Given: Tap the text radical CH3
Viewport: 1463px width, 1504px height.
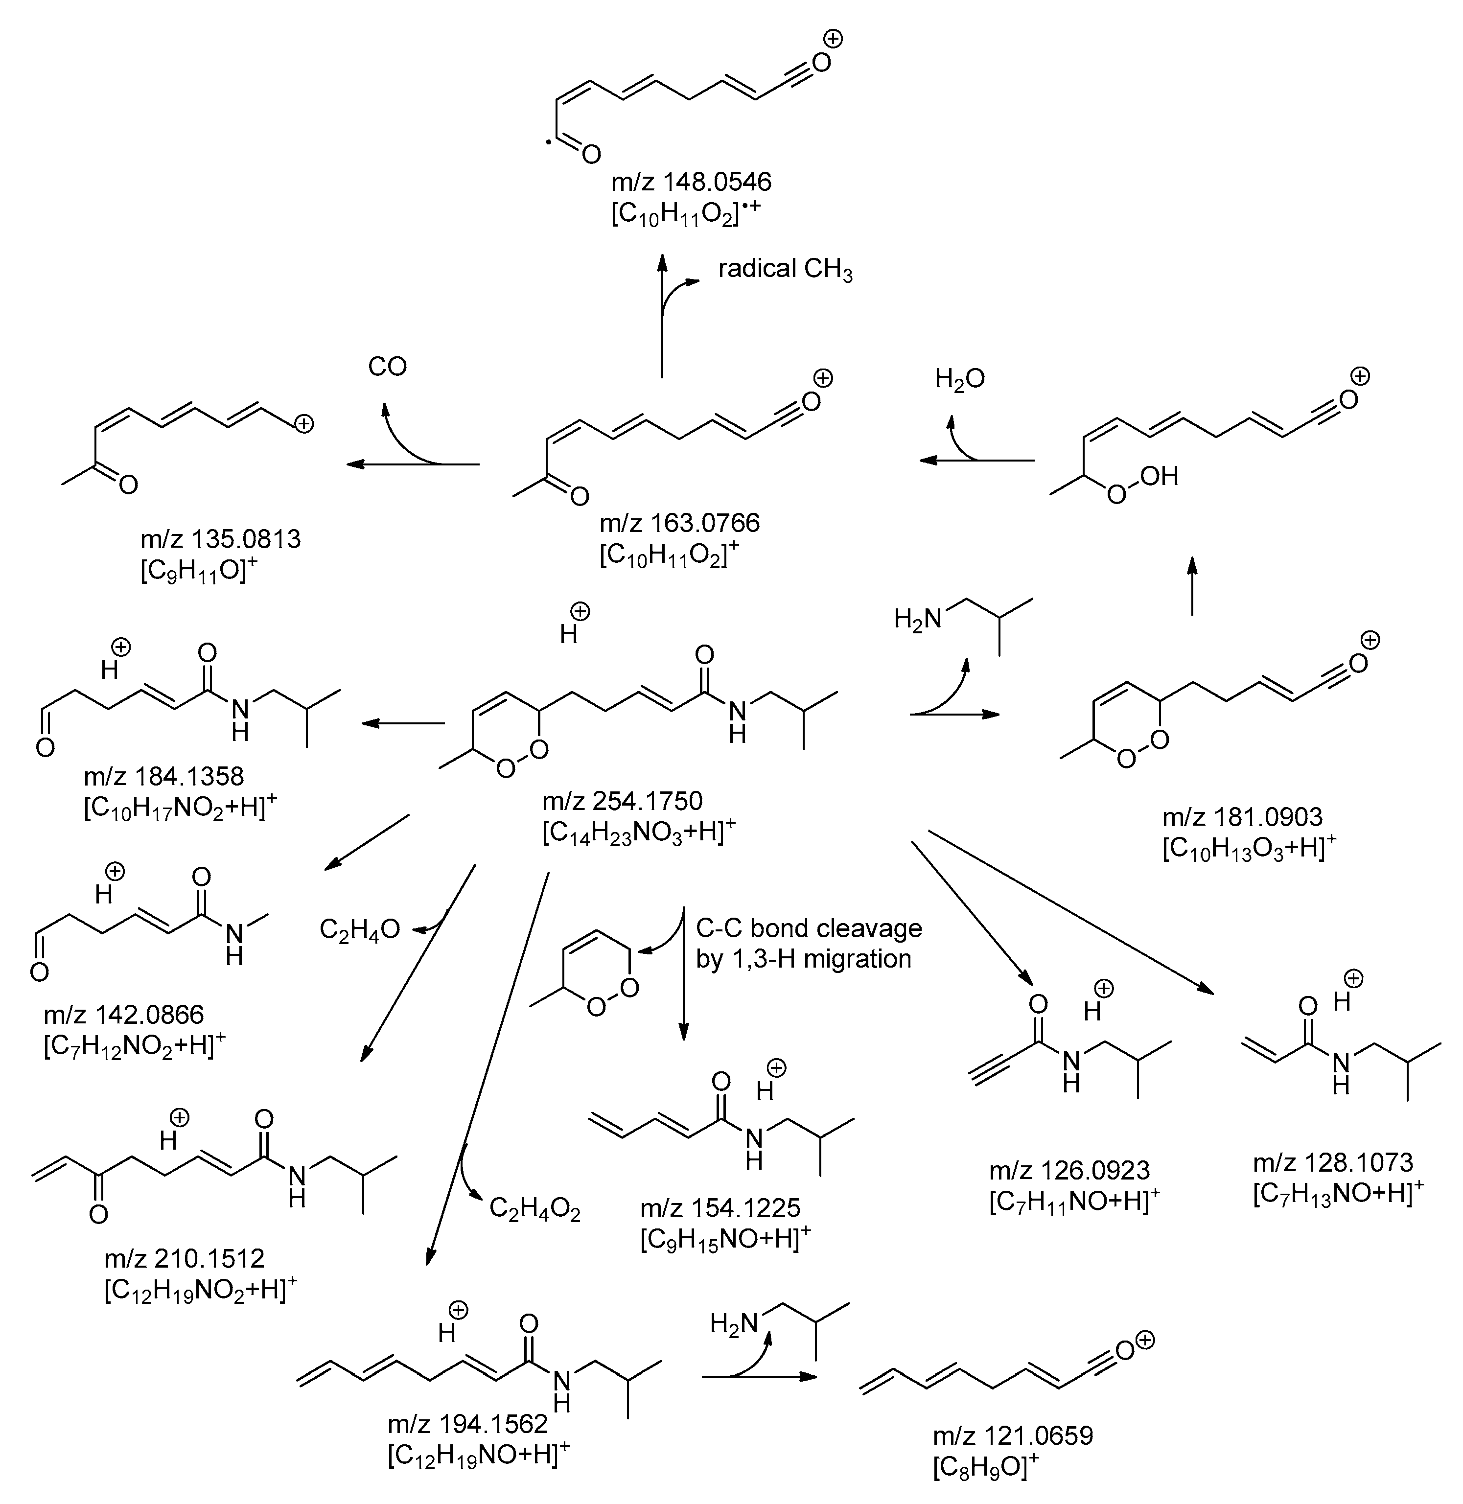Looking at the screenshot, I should [x=785, y=270].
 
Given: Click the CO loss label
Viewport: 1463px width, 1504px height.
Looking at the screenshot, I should [x=387, y=367].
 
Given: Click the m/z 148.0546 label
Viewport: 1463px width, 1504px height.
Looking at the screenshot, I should [x=691, y=182].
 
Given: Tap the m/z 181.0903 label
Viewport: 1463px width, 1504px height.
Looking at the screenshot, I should [x=1242, y=816].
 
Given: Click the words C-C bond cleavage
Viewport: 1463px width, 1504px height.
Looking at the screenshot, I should [x=808, y=928].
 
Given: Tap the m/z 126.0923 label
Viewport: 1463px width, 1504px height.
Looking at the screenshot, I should [x=1069, y=1171].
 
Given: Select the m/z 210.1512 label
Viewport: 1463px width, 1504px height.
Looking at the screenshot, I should [x=185, y=1257].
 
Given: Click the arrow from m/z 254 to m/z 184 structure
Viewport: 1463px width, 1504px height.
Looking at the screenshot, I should [x=403, y=723].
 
